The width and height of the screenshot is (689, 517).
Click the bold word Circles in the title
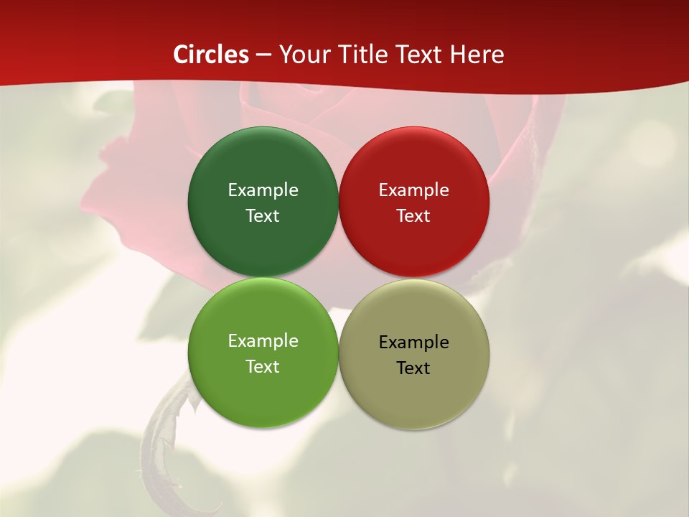tap(211, 55)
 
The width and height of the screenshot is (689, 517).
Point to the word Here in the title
tap(477, 55)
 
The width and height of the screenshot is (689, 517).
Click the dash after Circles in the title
tap(263, 55)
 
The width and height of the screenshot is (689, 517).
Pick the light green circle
tap(263, 395)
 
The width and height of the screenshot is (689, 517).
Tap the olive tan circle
tap(414, 399)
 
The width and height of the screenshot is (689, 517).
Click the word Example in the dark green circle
tap(263, 190)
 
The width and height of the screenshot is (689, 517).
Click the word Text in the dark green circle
tap(263, 216)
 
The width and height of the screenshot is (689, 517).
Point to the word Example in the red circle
tap(414, 190)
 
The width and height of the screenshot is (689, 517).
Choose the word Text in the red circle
tap(414, 216)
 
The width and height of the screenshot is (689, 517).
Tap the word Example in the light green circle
tap(263, 341)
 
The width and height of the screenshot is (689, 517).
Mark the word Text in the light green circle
tap(263, 367)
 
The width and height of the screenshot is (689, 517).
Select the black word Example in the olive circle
tap(414, 343)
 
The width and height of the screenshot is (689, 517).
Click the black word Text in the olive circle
tap(414, 368)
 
